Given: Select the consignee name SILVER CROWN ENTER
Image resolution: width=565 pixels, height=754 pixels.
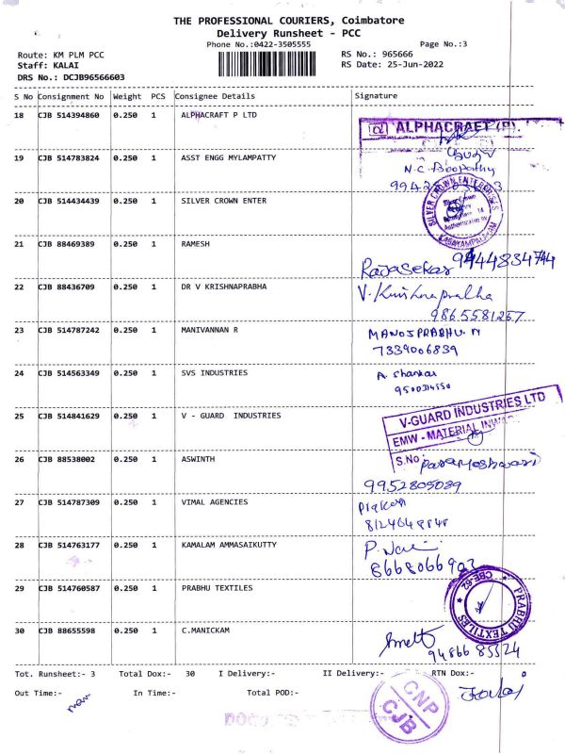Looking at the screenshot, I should (223, 201).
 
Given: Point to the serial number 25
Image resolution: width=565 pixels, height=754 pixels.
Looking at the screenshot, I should (19, 416).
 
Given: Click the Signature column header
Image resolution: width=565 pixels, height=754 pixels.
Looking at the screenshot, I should (376, 96).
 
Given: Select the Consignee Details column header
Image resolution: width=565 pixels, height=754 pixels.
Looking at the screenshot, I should (215, 96).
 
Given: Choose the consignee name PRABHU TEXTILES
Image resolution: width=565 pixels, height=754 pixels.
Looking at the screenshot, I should (217, 587).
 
